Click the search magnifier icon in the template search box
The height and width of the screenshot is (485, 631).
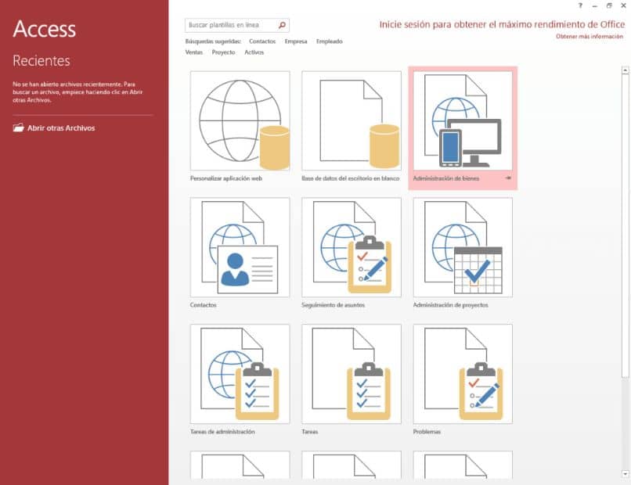point(282,25)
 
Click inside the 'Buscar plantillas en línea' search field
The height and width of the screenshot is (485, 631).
point(231,25)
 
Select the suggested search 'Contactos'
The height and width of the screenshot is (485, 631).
point(262,41)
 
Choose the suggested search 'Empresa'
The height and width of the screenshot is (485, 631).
point(296,41)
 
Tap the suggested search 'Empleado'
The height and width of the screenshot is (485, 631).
point(329,41)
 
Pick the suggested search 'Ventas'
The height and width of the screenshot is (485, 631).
point(194,52)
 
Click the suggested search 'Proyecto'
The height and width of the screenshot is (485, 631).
point(223,52)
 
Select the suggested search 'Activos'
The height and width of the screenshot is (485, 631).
point(254,52)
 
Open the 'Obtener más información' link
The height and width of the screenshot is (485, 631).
point(590,37)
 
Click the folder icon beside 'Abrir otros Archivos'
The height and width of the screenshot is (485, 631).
point(19,128)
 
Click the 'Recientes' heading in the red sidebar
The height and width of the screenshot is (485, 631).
point(41,61)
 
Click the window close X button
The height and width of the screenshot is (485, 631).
point(623,5)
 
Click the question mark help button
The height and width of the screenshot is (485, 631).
point(580,5)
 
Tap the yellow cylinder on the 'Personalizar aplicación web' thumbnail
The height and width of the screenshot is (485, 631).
point(275,147)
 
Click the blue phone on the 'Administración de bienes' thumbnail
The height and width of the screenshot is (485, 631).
point(450,148)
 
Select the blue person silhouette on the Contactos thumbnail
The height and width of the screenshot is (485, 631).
point(235,269)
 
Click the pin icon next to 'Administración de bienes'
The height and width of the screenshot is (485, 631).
point(508,178)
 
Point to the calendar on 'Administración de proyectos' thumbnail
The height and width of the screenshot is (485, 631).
point(478,270)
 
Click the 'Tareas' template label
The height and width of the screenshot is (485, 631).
point(310,432)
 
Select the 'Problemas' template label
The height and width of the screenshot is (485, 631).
point(427,432)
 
